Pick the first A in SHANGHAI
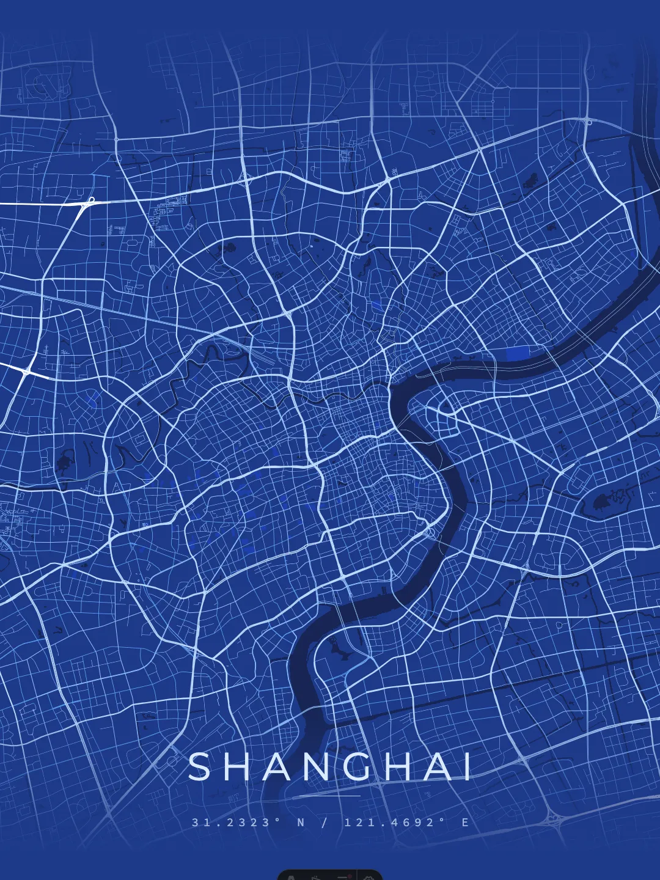tap(277, 767)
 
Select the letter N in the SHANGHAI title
tap(317, 767)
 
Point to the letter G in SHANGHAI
tap(358, 767)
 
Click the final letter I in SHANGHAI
tap(468, 767)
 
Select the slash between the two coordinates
tap(324, 823)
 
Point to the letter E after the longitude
tap(466, 823)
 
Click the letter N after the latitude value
tap(301, 823)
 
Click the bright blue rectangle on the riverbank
tap(518, 354)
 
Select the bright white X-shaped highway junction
tap(26, 371)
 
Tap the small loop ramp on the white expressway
tap(91, 200)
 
